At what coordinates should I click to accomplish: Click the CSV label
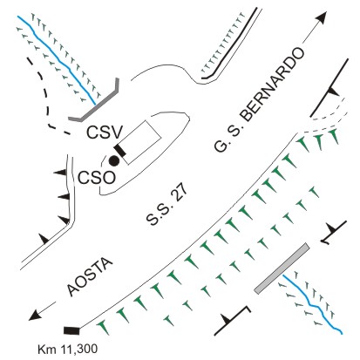click(x=105, y=132)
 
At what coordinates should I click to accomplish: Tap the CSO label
click(x=97, y=178)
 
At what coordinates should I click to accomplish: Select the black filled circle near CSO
click(x=113, y=160)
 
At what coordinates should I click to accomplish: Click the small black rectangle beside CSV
click(x=120, y=151)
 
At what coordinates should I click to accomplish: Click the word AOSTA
click(x=89, y=277)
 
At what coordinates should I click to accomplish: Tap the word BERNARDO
click(x=273, y=84)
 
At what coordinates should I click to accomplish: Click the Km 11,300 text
click(x=68, y=349)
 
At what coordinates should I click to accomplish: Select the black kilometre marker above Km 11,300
click(x=71, y=330)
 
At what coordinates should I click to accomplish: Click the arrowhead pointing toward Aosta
click(x=34, y=316)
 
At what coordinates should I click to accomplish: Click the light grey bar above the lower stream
click(x=282, y=268)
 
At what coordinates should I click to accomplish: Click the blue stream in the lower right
click(x=312, y=304)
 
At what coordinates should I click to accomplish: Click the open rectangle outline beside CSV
click(x=140, y=142)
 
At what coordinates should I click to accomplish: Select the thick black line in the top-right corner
click(x=329, y=87)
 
